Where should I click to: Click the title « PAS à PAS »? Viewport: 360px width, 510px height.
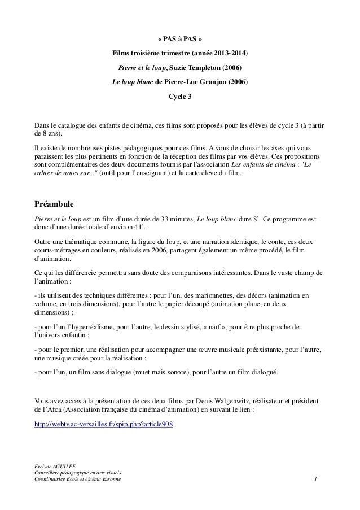pos(179,40)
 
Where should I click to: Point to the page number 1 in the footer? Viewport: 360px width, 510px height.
pos(317,480)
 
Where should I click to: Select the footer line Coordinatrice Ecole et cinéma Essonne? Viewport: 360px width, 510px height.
pos(78,480)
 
